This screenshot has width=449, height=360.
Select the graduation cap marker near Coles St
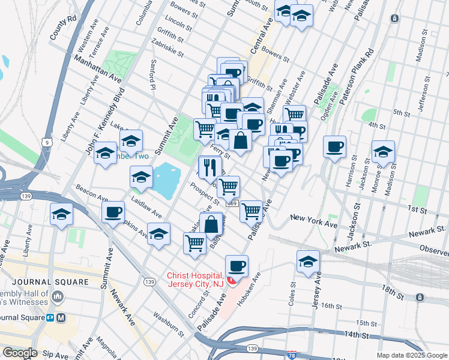(308, 261)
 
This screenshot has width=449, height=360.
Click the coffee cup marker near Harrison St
(334, 146)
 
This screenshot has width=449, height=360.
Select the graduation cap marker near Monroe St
(383, 151)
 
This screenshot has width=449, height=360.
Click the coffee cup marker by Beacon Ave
(113, 212)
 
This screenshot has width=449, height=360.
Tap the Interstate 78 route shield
(292, 355)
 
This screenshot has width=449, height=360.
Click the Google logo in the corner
(20, 353)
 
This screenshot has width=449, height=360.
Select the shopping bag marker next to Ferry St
(240, 141)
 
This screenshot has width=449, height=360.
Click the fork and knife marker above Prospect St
(209, 167)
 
